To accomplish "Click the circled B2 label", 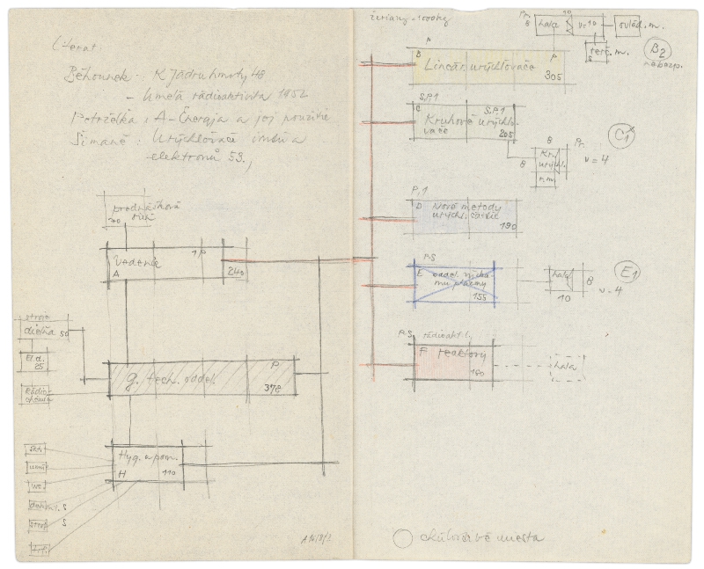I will pos(657,49).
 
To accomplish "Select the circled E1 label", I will pos(630,273).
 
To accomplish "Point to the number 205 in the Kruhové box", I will pos(505,135).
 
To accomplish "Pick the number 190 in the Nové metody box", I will pos(508,225).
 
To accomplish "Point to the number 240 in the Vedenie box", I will pos(235,272).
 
